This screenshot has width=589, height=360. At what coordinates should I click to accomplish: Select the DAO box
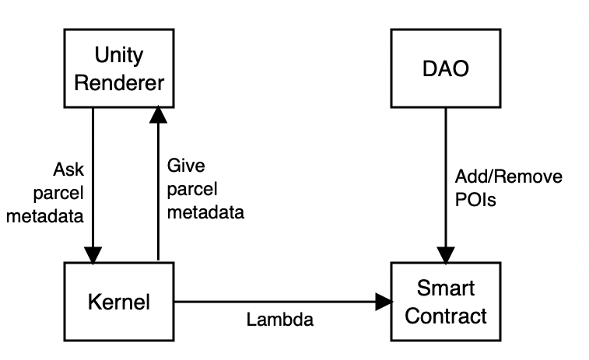[x=444, y=68]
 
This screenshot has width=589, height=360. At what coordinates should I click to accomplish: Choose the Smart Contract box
[x=444, y=301]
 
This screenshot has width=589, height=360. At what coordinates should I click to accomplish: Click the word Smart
[x=445, y=289]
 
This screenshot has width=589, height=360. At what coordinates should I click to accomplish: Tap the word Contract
[x=445, y=315]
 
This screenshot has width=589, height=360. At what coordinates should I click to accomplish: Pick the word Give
[x=181, y=166]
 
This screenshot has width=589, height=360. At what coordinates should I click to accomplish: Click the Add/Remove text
[x=507, y=177]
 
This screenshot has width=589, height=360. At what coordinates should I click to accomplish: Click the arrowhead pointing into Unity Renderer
[x=158, y=115]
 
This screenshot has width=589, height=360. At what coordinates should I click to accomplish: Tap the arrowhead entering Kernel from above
[x=93, y=254]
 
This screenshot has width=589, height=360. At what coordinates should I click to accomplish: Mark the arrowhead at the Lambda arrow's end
[x=384, y=300]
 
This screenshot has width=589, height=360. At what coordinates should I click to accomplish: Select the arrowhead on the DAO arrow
[x=444, y=254]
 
